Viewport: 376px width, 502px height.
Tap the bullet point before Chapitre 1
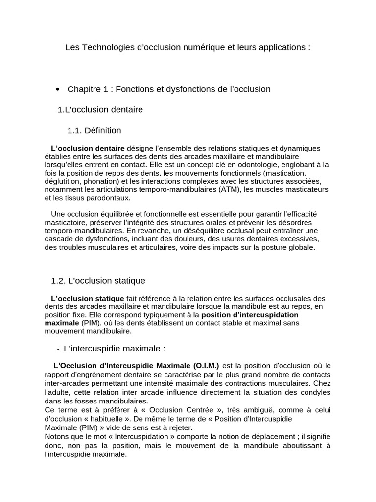[x=58, y=89]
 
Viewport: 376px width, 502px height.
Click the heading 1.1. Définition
[x=94, y=131]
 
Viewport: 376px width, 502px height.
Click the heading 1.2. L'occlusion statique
[x=98, y=281]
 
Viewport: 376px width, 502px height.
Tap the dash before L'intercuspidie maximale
[x=58, y=349]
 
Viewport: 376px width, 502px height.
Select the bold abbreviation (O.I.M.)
[x=206, y=366]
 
